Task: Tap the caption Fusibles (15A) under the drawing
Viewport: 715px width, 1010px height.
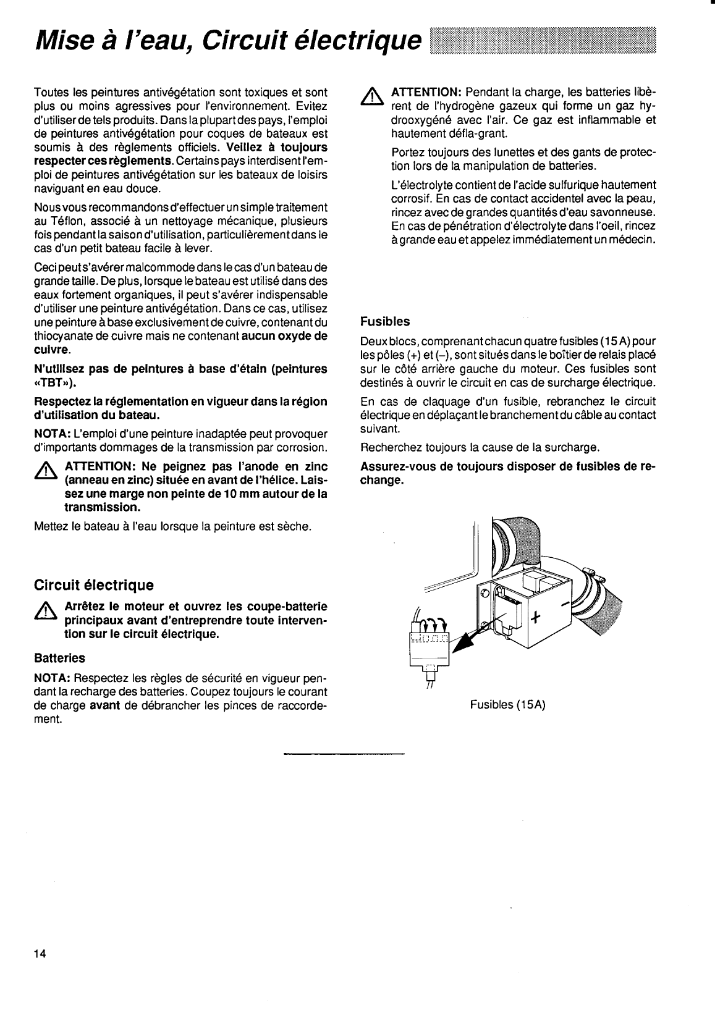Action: [x=507, y=705]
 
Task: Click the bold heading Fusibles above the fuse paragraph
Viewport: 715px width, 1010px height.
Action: [x=385, y=322]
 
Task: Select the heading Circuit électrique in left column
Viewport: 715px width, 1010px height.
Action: [x=93, y=584]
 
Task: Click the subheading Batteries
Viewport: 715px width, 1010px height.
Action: [x=59, y=658]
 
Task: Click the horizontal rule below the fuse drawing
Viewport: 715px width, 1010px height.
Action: [x=344, y=754]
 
